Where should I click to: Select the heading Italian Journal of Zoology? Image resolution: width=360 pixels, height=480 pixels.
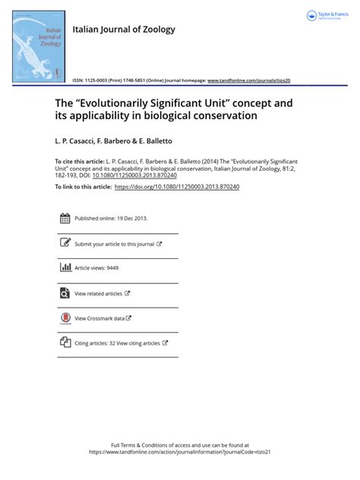[124, 30]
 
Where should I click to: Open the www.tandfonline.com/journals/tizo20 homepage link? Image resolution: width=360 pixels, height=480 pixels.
[249, 80]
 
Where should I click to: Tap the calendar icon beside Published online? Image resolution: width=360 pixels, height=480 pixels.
[65, 219]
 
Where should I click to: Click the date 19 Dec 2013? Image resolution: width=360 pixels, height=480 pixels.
[133, 219]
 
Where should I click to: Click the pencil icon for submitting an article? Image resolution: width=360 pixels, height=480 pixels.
[65, 244]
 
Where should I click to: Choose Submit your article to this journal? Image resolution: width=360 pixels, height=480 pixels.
[115, 244]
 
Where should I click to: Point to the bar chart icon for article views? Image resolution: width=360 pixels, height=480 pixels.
[65, 268]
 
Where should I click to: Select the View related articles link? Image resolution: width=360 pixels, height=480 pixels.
[99, 293]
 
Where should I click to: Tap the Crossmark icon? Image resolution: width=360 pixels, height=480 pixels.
[65, 319]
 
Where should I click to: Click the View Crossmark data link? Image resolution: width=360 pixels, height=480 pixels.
[99, 318]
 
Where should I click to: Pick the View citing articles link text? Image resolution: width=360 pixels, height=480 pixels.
[135, 343]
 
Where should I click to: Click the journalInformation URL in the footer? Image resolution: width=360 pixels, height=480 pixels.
[180, 451]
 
